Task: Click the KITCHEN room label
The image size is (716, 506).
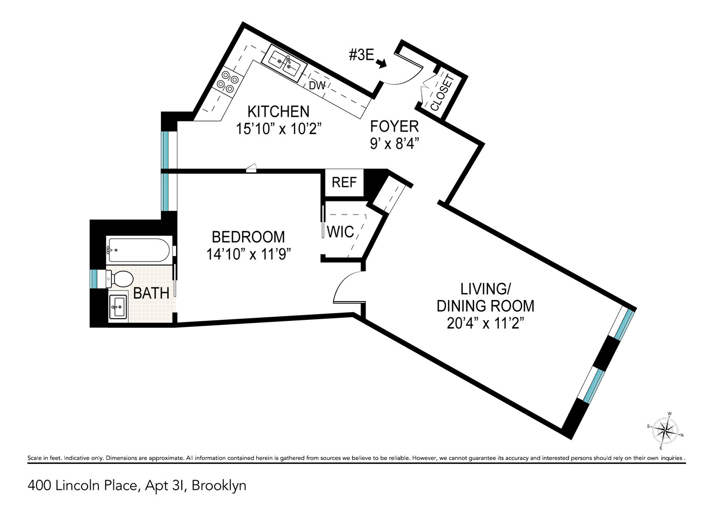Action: pyautogui.click(x=278, y=111)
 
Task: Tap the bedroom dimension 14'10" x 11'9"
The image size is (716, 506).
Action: pyautogui.click(x=248, y=254)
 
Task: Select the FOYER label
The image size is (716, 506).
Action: pyautogui.click(x=394, y=126)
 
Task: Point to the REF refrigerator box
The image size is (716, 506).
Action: pyautogui.click(x=344, y=182)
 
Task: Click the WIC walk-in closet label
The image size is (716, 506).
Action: pyautogui.click(x=340, y=232)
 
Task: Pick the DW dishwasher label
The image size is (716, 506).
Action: pyautogui.click(x=317, y=86)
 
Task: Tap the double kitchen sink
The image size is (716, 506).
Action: pyautogui.click(x=284, y=63)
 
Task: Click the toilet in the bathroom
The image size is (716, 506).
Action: pyautogui.click(x=120, y=278)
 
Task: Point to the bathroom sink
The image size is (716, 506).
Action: pyautogui.click(x=118, y=307)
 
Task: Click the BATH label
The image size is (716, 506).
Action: pyautogui.click(x=151, y=293)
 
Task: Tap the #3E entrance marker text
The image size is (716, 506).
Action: pyautogui.click(x=362, y=55)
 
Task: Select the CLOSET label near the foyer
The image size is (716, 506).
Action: pyautogui.click(x=442, y=93)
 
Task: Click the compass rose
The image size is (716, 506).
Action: pyautogui.click(x=665, y=431)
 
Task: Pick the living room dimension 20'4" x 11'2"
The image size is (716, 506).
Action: pyautogui.click(x=485, y=323)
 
